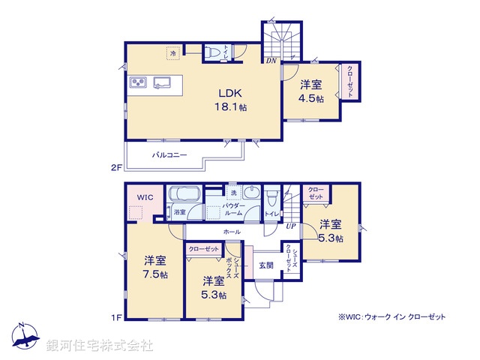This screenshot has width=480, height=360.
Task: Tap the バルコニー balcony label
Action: coord(170,155)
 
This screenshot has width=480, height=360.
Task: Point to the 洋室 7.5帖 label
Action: coord(155,267)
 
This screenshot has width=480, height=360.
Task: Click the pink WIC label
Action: coord(145,196)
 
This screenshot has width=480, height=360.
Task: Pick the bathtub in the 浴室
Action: coord(184,196)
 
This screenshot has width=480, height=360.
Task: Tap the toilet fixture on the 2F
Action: coord(211,52)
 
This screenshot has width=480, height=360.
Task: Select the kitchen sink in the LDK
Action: coord(163,82)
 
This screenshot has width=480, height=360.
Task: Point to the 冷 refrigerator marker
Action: coord(172,54)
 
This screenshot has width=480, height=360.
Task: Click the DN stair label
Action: coord(271,60)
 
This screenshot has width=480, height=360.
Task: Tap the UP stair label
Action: coord(290,225)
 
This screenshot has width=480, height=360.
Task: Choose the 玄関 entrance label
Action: coord(266,265)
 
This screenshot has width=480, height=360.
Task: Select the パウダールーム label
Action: coord(234,208)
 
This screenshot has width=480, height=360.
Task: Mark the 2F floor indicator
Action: coord(116,168)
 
